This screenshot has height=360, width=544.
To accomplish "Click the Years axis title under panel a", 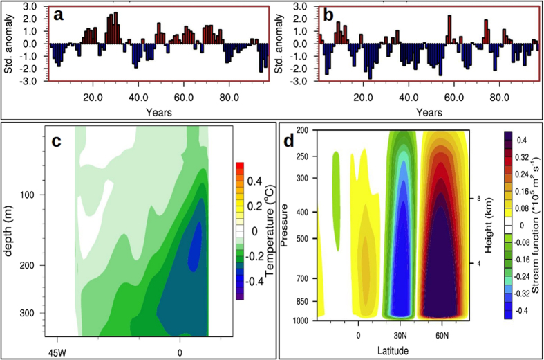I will click(x=159, y=111).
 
